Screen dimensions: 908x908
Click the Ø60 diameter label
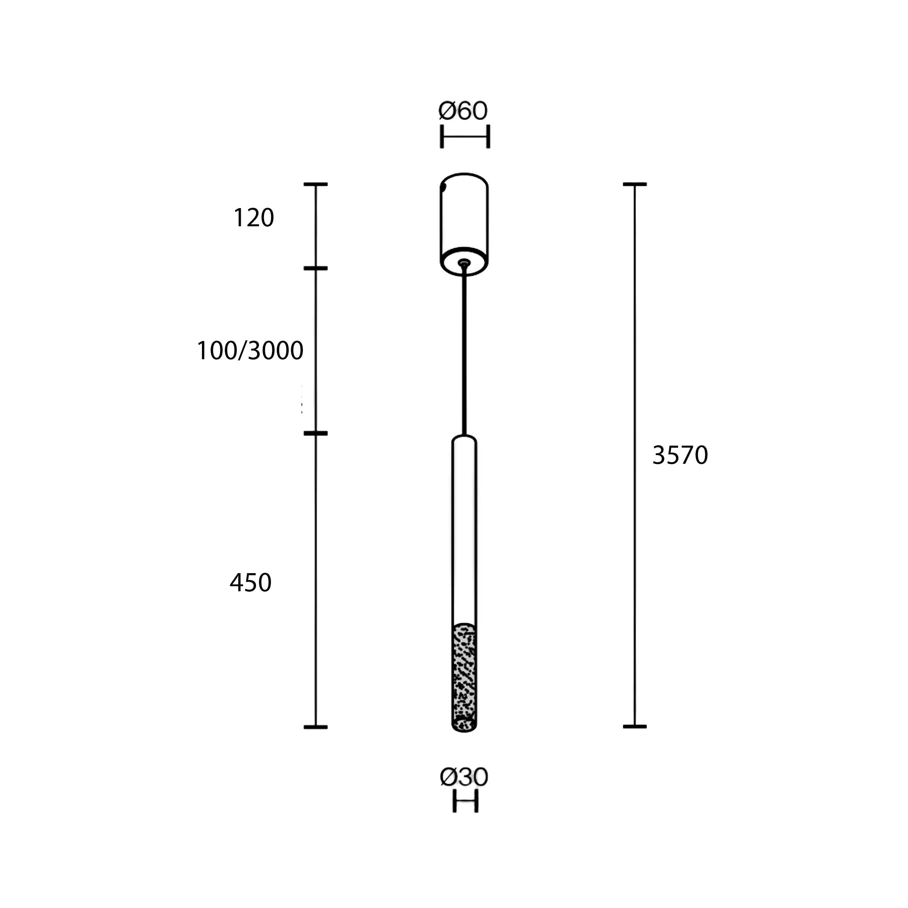pos(463,111)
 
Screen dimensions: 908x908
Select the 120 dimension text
pos(253,218)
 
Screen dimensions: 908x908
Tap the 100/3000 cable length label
pos(250,350)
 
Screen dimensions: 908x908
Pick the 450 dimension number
pos(251,583)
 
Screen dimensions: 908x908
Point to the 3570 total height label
pos(680,455)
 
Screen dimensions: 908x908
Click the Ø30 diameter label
pos(464,777)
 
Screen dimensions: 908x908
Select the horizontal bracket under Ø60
pos(465,136)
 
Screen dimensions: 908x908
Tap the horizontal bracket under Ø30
pos(465,801)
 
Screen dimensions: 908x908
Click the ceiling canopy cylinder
pos(464,224)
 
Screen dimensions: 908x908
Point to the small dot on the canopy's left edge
pos(443,187)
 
